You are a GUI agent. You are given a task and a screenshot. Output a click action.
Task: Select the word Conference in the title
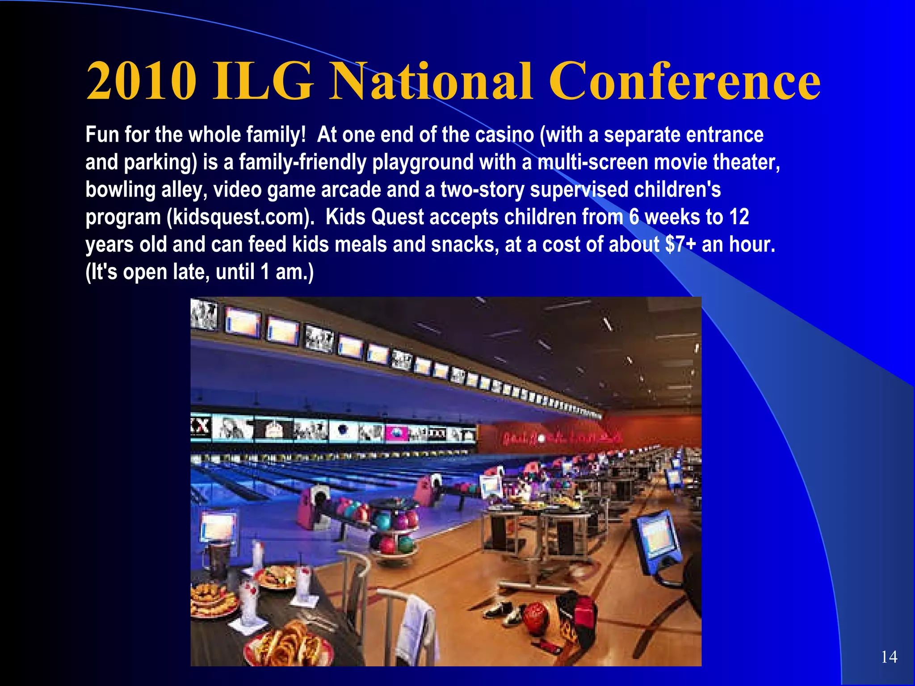point(684,81)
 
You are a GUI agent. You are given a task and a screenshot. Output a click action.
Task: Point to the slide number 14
point(889,657)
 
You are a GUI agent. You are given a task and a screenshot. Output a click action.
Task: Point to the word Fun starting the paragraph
point(102,135)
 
